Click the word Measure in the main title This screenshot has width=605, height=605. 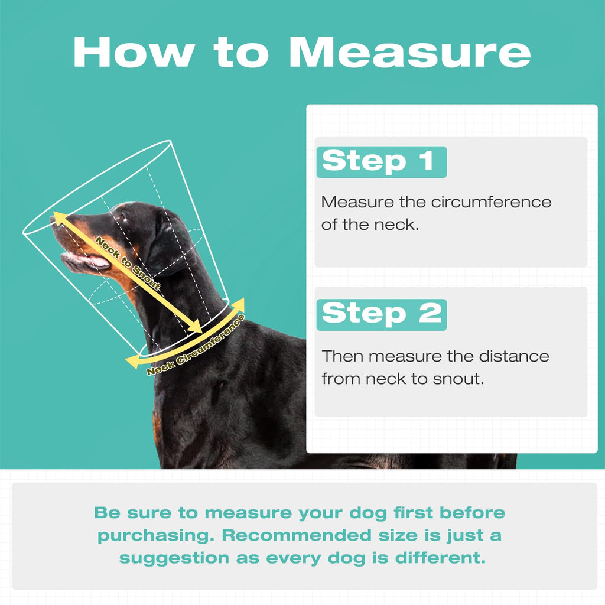pyautogui.click(x=410, y=52)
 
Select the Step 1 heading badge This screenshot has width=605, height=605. pyautogui.click(x=381, y=162)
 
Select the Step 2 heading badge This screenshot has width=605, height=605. pyautogui.click(x=381, y=314)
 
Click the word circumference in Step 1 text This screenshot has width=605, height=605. pyautogui.click(x=491, y=202)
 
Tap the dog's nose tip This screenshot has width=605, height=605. pyautogui.click(x=53, y=220)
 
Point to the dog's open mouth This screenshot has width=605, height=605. pyautogui.click(x=86, y=261)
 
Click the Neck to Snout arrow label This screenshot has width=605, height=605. pyautogui.click(x=128, y=264)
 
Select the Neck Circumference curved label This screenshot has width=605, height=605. pyautogui.click(x=196, y=346)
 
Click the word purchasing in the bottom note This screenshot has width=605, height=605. pyautogui.click(x=155, y=536)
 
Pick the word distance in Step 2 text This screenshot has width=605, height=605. pyautogui.click(x=514, y=356)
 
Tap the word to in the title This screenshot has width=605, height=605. pyautogui.click(x=241, y=52)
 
